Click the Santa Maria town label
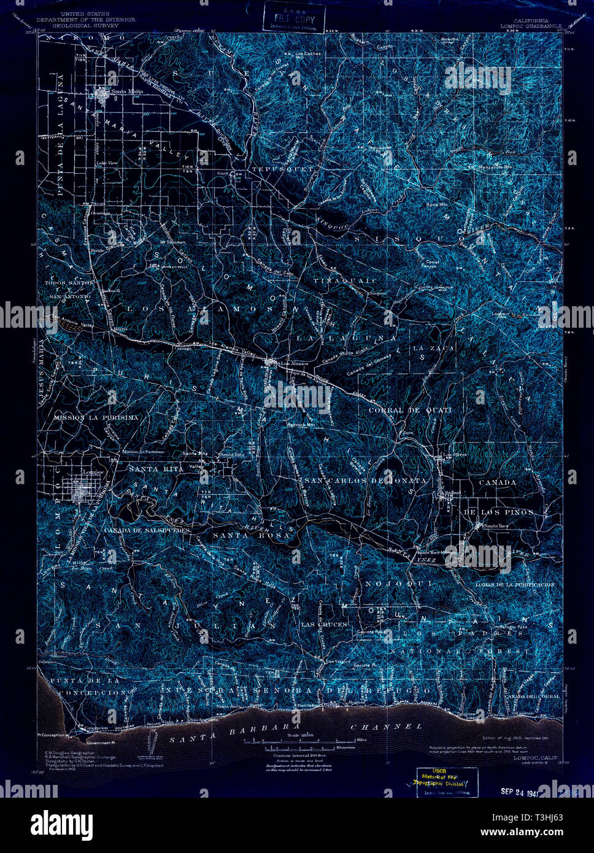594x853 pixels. click(x=126, y=91)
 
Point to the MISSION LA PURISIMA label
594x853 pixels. click(x=96, y=417)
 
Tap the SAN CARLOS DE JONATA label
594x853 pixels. click(x=366, y=481)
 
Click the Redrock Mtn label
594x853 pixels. click(x=301, y=425)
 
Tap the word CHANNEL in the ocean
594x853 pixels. click(x=386, y=727)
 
